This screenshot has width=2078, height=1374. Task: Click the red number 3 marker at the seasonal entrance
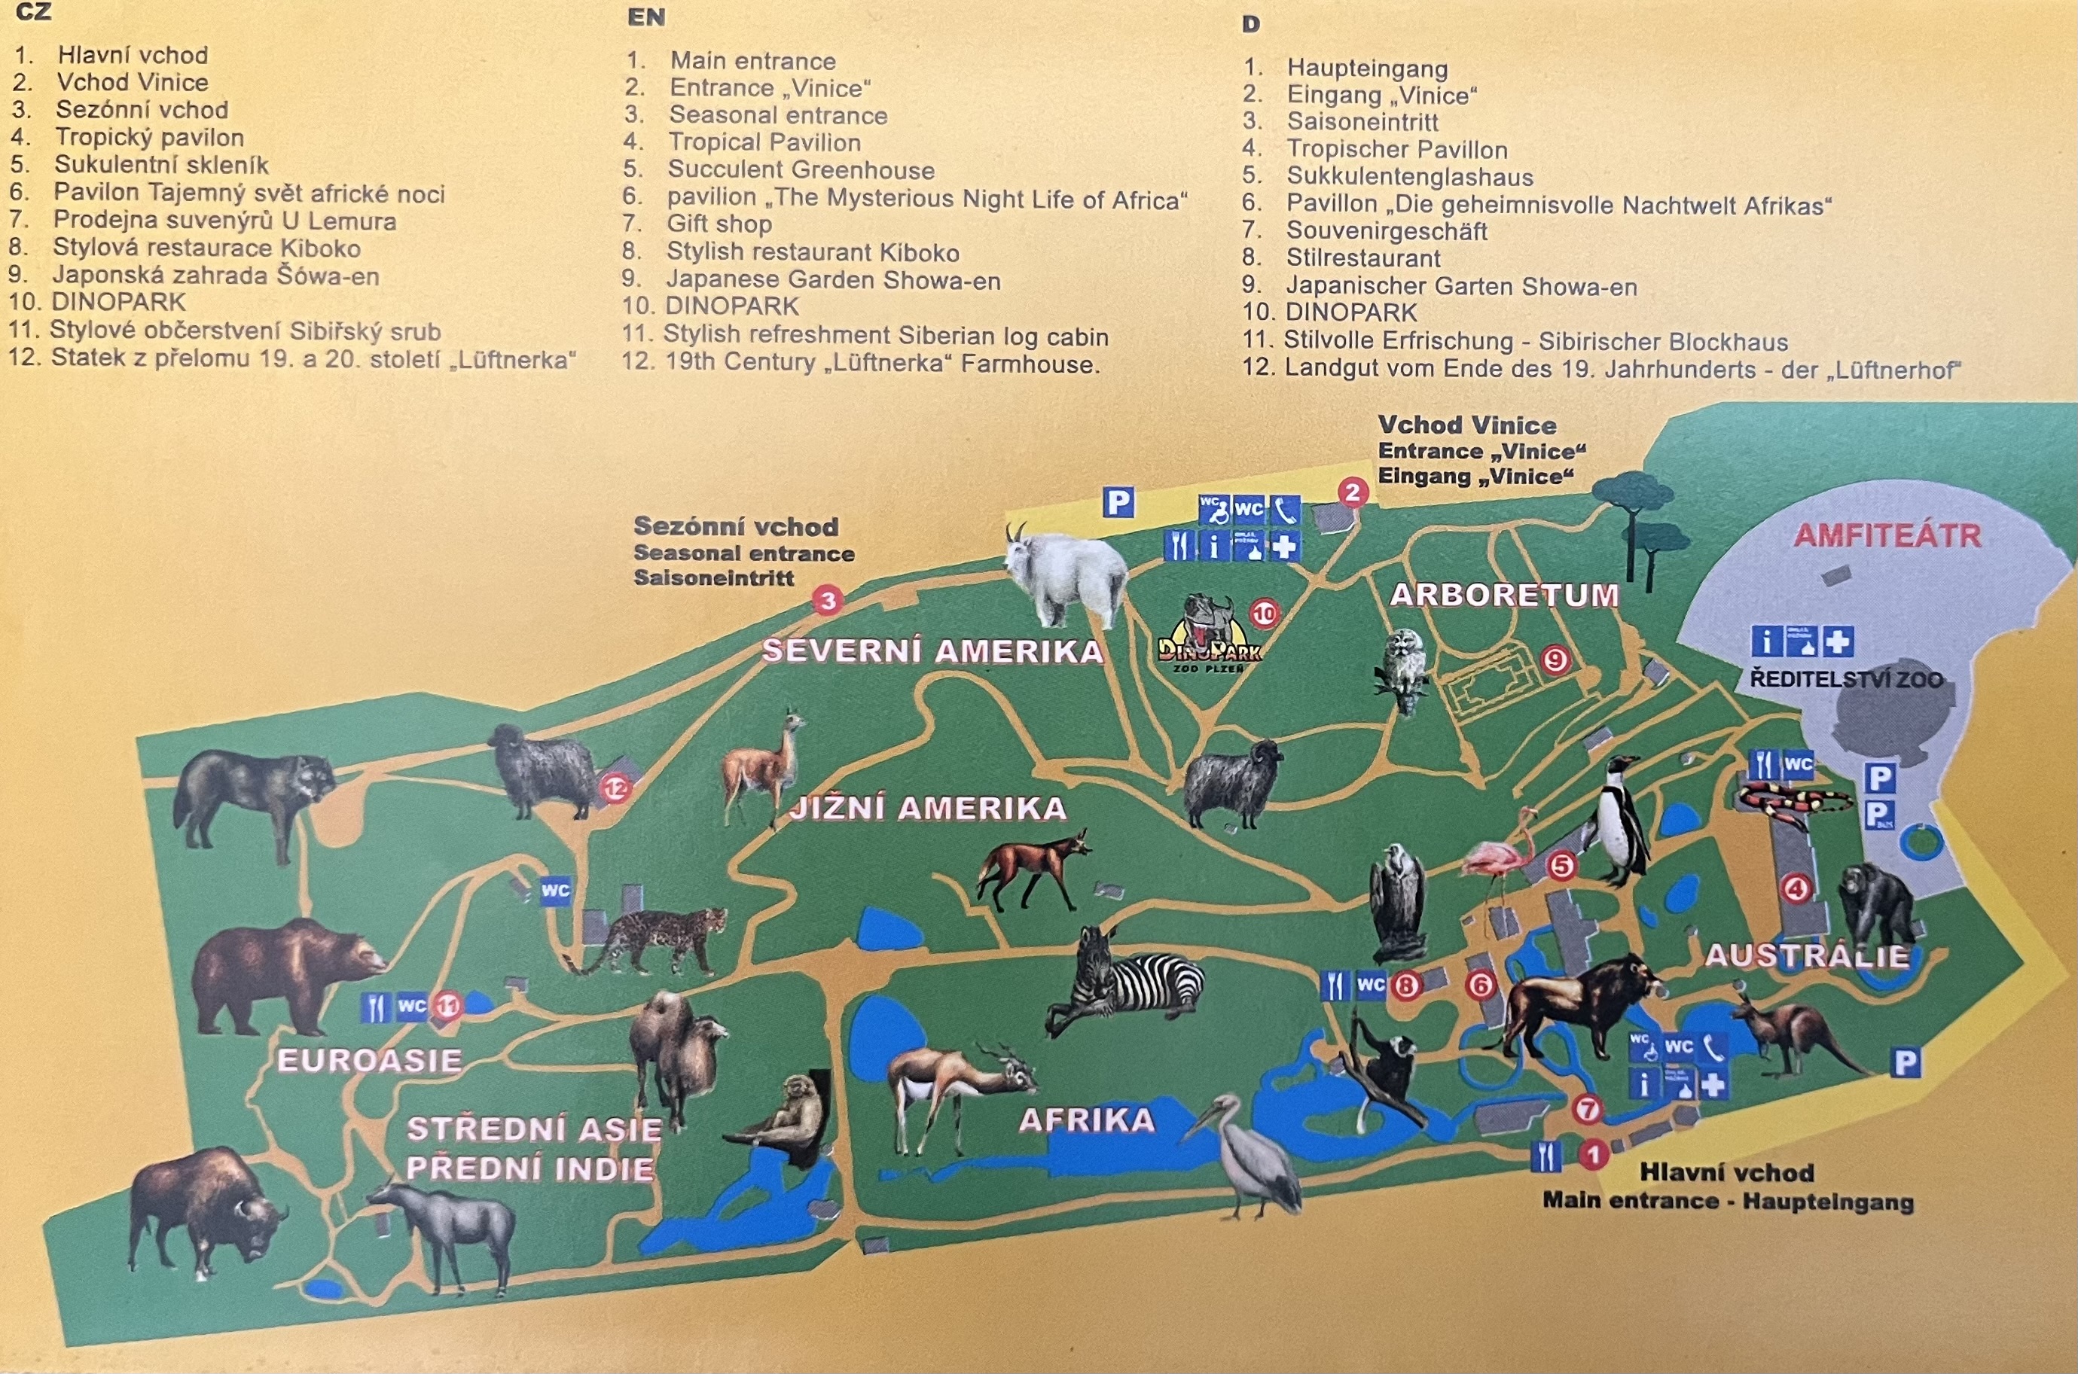826,600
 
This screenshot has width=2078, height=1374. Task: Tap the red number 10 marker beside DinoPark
1264,614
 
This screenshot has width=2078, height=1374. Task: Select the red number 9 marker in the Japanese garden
1555,658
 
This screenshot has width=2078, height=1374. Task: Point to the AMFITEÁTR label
1887,535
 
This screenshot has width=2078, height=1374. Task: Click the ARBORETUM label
1504,595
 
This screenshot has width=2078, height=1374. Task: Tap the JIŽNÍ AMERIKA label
927,807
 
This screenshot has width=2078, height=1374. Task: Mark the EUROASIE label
369,1060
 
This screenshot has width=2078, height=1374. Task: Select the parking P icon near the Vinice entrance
1118,503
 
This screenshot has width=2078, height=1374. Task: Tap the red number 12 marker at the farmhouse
615,789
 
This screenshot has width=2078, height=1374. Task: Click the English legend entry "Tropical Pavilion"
764,142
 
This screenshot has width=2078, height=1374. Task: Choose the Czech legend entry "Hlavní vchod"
133,54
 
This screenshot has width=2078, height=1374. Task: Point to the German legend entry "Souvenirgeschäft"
1387,231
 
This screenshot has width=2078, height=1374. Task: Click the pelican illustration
1249,1156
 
